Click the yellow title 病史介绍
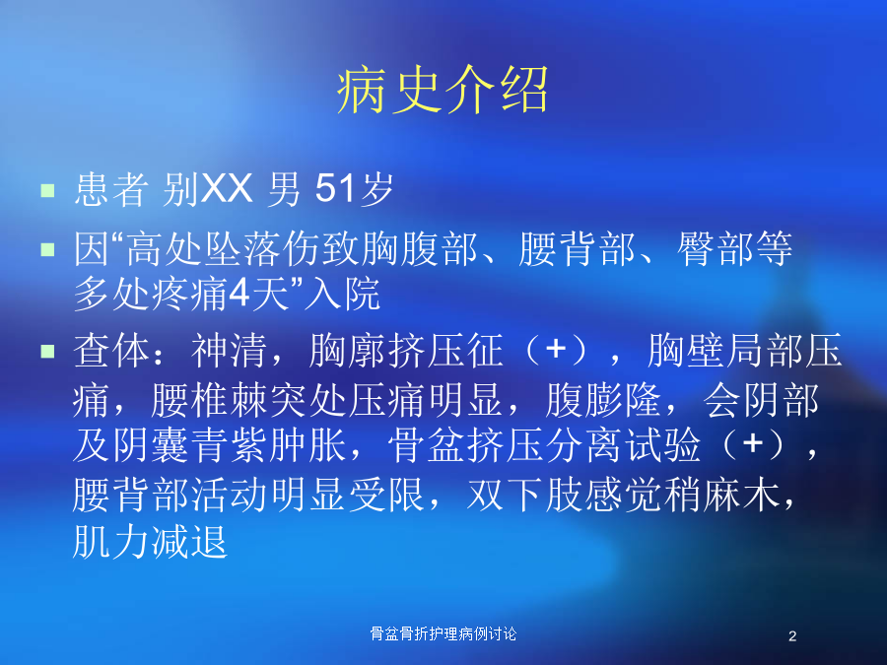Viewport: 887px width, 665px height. [x=443, y=90]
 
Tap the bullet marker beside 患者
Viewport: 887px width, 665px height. [x=47, y=190]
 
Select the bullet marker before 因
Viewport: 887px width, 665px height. [x=47, y=249]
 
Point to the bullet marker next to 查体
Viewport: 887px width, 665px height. [x=47, y=352]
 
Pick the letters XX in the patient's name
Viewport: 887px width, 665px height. [x=227, y=188]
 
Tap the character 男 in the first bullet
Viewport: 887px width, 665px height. [x=284, y=188]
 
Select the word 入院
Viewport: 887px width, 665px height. [x=342, y=294]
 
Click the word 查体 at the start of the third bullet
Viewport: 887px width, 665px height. [x=110, y=351]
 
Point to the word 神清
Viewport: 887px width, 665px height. [x=229, y=351]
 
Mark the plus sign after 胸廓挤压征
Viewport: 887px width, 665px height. [x=556, y=349]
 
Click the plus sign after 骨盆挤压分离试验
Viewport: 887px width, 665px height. [x=753, y=442]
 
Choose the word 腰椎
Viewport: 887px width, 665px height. [x=189, y=400]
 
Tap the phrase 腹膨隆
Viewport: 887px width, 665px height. [x=603, y=400]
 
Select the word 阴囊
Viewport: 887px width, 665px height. [x=150, y=444]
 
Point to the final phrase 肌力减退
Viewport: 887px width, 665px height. [x=150, y=542]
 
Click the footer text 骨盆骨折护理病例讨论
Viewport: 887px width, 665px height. [x=443, y=633]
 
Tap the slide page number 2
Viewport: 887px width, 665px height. [x=792, y=636]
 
